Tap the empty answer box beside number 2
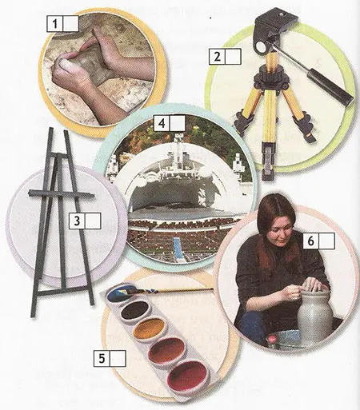234,57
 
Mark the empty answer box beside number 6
327,241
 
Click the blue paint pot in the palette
120,293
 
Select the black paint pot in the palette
135,310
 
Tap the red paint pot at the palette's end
187,376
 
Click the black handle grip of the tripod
330,88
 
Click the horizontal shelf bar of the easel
62,194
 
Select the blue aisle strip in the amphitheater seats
177,245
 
